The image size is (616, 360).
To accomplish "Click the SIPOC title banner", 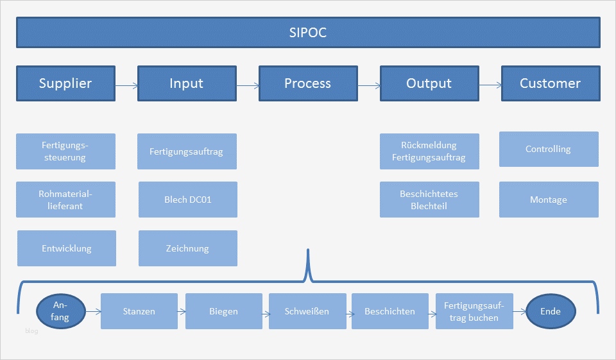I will click(x=308, y=32).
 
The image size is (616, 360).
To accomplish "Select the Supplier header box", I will click(x=65, y=83).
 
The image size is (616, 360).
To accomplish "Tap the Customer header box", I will click(x=550, y=83).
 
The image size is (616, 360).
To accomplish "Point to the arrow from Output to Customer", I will click(x=490, y=85).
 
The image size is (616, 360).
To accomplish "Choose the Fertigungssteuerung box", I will click(x=66, y=151).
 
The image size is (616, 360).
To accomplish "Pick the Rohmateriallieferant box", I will click(x=66, y=200).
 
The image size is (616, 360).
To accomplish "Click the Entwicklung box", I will click(x=67, y=248).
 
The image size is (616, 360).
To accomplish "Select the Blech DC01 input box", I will click(x=187, y=200).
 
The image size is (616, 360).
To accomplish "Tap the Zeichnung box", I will click(x=187, y=248).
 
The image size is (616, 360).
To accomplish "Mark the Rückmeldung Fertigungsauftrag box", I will click(x=429, y=151).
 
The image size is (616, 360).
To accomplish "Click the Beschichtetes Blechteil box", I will click(x=429, y=200).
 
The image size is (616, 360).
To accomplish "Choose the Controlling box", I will click(x=549, y=149).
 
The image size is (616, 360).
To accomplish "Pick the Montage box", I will click(x=549, y=200).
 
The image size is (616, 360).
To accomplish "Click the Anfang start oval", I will click(x=62, y=312).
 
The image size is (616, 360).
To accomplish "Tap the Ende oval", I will click(x=551, y=312).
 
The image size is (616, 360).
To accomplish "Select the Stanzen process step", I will click(x=139, y=311).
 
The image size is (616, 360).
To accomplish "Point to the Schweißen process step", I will click(x=307, y=311).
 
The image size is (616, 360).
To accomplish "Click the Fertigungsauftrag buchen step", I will click(x=474, y=311).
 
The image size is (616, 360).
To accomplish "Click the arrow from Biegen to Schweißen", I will click(x=265, y=313).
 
